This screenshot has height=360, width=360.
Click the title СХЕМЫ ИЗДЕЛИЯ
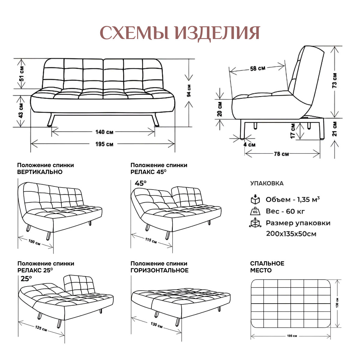179,33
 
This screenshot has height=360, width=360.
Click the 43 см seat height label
21,111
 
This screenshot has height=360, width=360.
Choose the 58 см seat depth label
257,68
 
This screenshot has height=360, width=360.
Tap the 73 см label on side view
335,80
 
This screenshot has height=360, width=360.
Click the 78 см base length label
281,154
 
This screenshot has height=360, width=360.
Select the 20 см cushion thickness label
220,109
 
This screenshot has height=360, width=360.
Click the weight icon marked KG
255,211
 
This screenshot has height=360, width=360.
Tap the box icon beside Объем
255,200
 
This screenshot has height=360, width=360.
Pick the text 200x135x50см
291,234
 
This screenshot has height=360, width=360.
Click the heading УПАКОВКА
267,184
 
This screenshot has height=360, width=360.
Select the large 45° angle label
140,183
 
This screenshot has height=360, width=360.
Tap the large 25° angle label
26,279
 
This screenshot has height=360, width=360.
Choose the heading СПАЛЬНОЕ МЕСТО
267,267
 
